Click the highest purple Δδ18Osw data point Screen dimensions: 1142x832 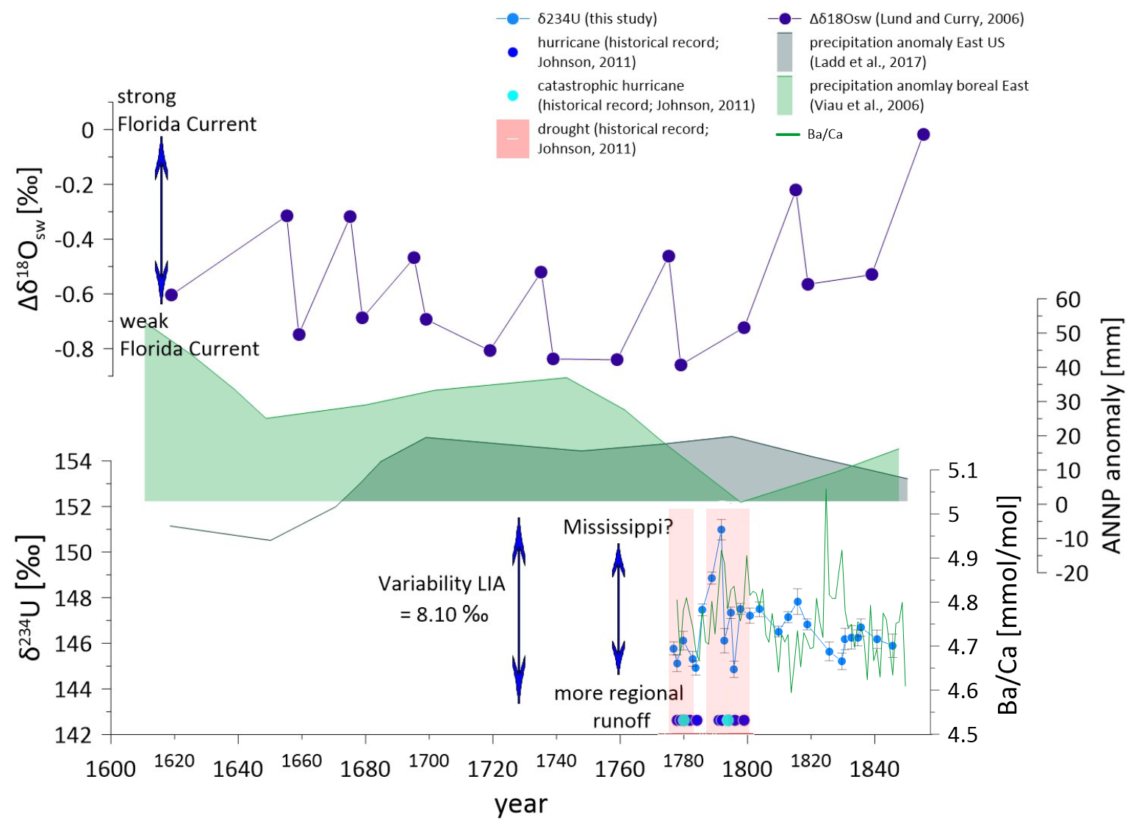tap(923, 134)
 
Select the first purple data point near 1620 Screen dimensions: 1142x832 tap(171, 295)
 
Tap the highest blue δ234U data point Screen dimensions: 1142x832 tap(721, 529)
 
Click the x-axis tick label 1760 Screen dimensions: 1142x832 tap(620, 769)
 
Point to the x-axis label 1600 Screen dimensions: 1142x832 tap(111, 769)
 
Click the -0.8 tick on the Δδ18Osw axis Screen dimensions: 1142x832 tap(74, 349)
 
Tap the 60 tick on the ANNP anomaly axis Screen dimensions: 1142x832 tap(1068, 300)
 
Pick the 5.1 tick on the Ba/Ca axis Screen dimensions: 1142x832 tap(963, 470)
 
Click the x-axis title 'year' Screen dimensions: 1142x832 tap(521, 804)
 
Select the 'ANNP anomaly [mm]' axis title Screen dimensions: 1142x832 tap(1112, 436)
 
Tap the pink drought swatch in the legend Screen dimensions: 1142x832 tap(513, 139)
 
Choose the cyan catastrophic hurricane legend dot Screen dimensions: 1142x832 tap(514, 96)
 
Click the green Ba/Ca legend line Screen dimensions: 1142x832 tap(788, 135)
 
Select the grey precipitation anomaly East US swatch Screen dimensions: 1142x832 tap(785, 52)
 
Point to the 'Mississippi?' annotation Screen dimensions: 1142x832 tap(618, 527)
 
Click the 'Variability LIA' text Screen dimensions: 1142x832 tap(442, 584)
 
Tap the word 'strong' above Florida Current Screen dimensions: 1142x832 tap(147, 96)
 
